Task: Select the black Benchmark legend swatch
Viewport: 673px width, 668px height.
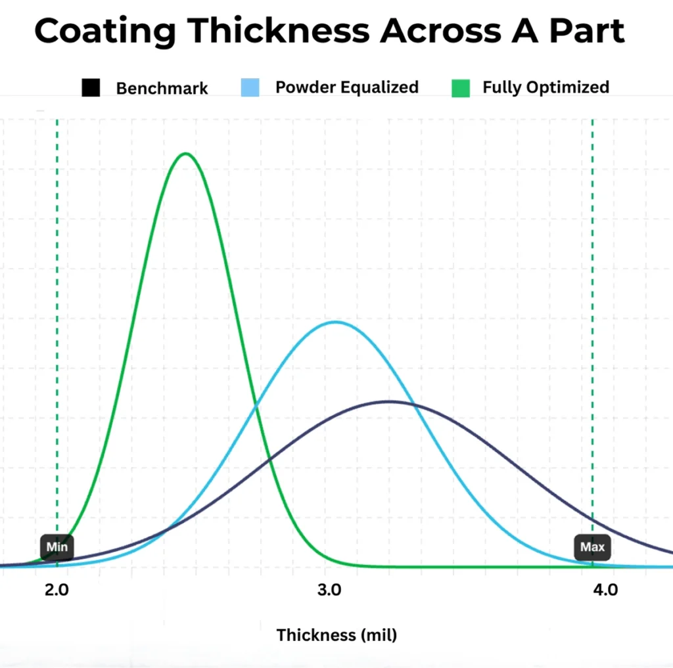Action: pyautogui.click(x=91, y=87)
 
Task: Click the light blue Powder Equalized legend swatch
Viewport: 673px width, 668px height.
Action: pyautogui.click(x=250, y=87)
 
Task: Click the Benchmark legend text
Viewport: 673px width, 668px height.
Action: pyautogui.click(x=162, y=88)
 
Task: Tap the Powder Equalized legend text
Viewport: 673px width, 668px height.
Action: pyautogui.click(x=346, y=87)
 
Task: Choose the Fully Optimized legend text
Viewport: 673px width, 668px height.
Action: pyautogui.click(x=545, y=87)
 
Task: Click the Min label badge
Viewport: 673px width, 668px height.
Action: pyautogui.click(x=57, y=546)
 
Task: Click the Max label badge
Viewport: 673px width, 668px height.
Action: pyautogui.click(x=592, y=546)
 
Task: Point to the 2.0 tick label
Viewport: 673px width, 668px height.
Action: pyautogui.click(x=57, y=589)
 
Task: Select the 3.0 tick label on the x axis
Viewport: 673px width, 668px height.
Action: pyautogui.click(x=329, y=589)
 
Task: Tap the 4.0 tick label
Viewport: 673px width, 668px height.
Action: pyautogui.click(x=605, y=589)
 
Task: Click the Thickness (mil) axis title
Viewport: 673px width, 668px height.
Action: pyautogui.click(x=336, y=635)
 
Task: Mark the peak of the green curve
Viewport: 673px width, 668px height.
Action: pyautogui.click(x=186, y=154)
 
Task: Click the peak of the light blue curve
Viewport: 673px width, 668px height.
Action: pyautogui.click(x=336, y=322)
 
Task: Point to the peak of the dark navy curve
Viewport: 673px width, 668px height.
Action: pyautogui.click(x=389, y=401)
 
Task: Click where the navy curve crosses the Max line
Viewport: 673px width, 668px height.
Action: pyautogui.click(x=592, y=520)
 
